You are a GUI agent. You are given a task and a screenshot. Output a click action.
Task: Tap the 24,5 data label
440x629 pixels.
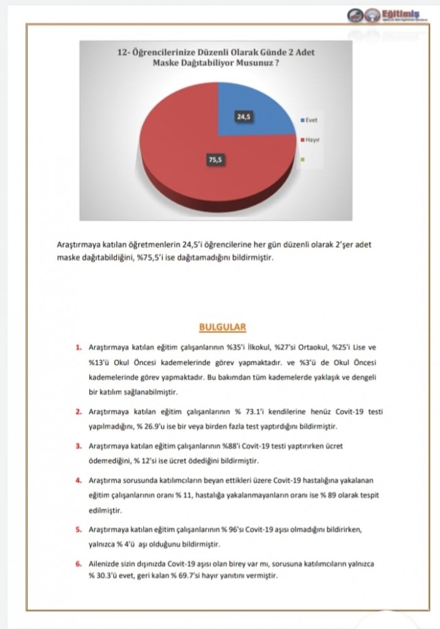(242, 116)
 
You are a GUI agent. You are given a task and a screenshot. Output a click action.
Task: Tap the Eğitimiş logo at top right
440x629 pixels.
(392, 15)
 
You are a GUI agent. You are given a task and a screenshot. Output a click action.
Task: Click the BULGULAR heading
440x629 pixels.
(222, 327)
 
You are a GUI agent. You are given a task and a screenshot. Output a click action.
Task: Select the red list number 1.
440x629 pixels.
(78, 347)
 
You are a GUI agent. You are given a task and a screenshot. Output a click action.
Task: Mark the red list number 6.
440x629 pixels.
(78, 564)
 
